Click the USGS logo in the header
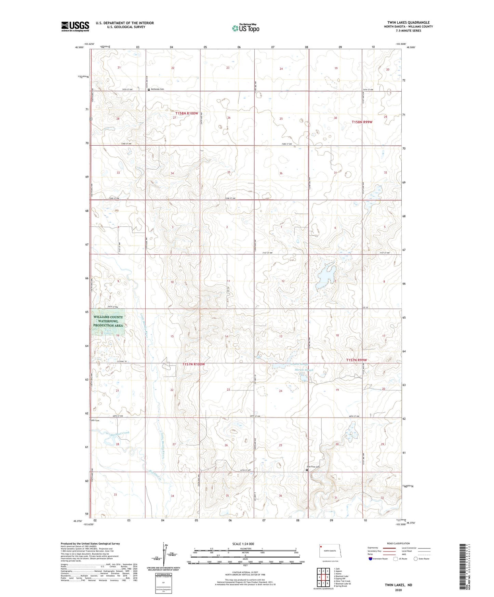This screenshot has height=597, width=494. (75, 26)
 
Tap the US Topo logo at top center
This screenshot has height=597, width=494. (245, 28)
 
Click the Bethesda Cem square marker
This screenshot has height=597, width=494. (149, 89)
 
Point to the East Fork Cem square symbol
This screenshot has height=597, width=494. (307, 470)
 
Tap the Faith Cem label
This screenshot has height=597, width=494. (95, 420)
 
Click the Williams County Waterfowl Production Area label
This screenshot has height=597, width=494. (108, 321)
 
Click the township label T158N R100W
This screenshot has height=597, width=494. (187, 113)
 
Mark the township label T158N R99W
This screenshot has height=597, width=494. (362, 122)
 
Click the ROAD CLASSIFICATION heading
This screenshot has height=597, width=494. (398, 543)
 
